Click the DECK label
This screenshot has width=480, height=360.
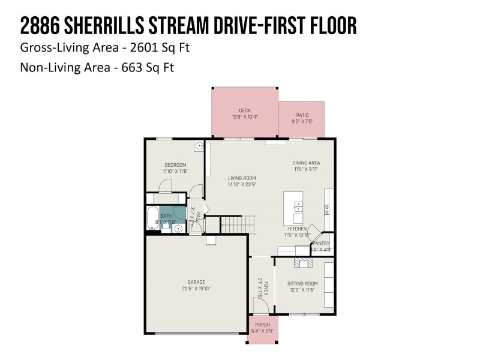tap(244, 110)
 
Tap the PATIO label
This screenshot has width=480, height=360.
tap(302, 115)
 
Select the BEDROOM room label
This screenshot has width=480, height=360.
tap(175, 165)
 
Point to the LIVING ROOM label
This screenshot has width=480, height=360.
tap(242, 178)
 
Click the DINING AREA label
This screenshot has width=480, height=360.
tap(306, 163)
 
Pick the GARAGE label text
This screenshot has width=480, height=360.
tap(196, 282)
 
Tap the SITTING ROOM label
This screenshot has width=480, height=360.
tap(302, 283)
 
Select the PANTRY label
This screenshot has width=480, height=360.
tap(320, 243)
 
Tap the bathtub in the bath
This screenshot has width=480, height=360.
tap(152, 219)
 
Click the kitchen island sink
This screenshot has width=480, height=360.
tap(298, 208)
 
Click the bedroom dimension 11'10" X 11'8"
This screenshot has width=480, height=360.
tap(175, 172)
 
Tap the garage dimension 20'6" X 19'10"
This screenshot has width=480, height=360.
tap(196, 289)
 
